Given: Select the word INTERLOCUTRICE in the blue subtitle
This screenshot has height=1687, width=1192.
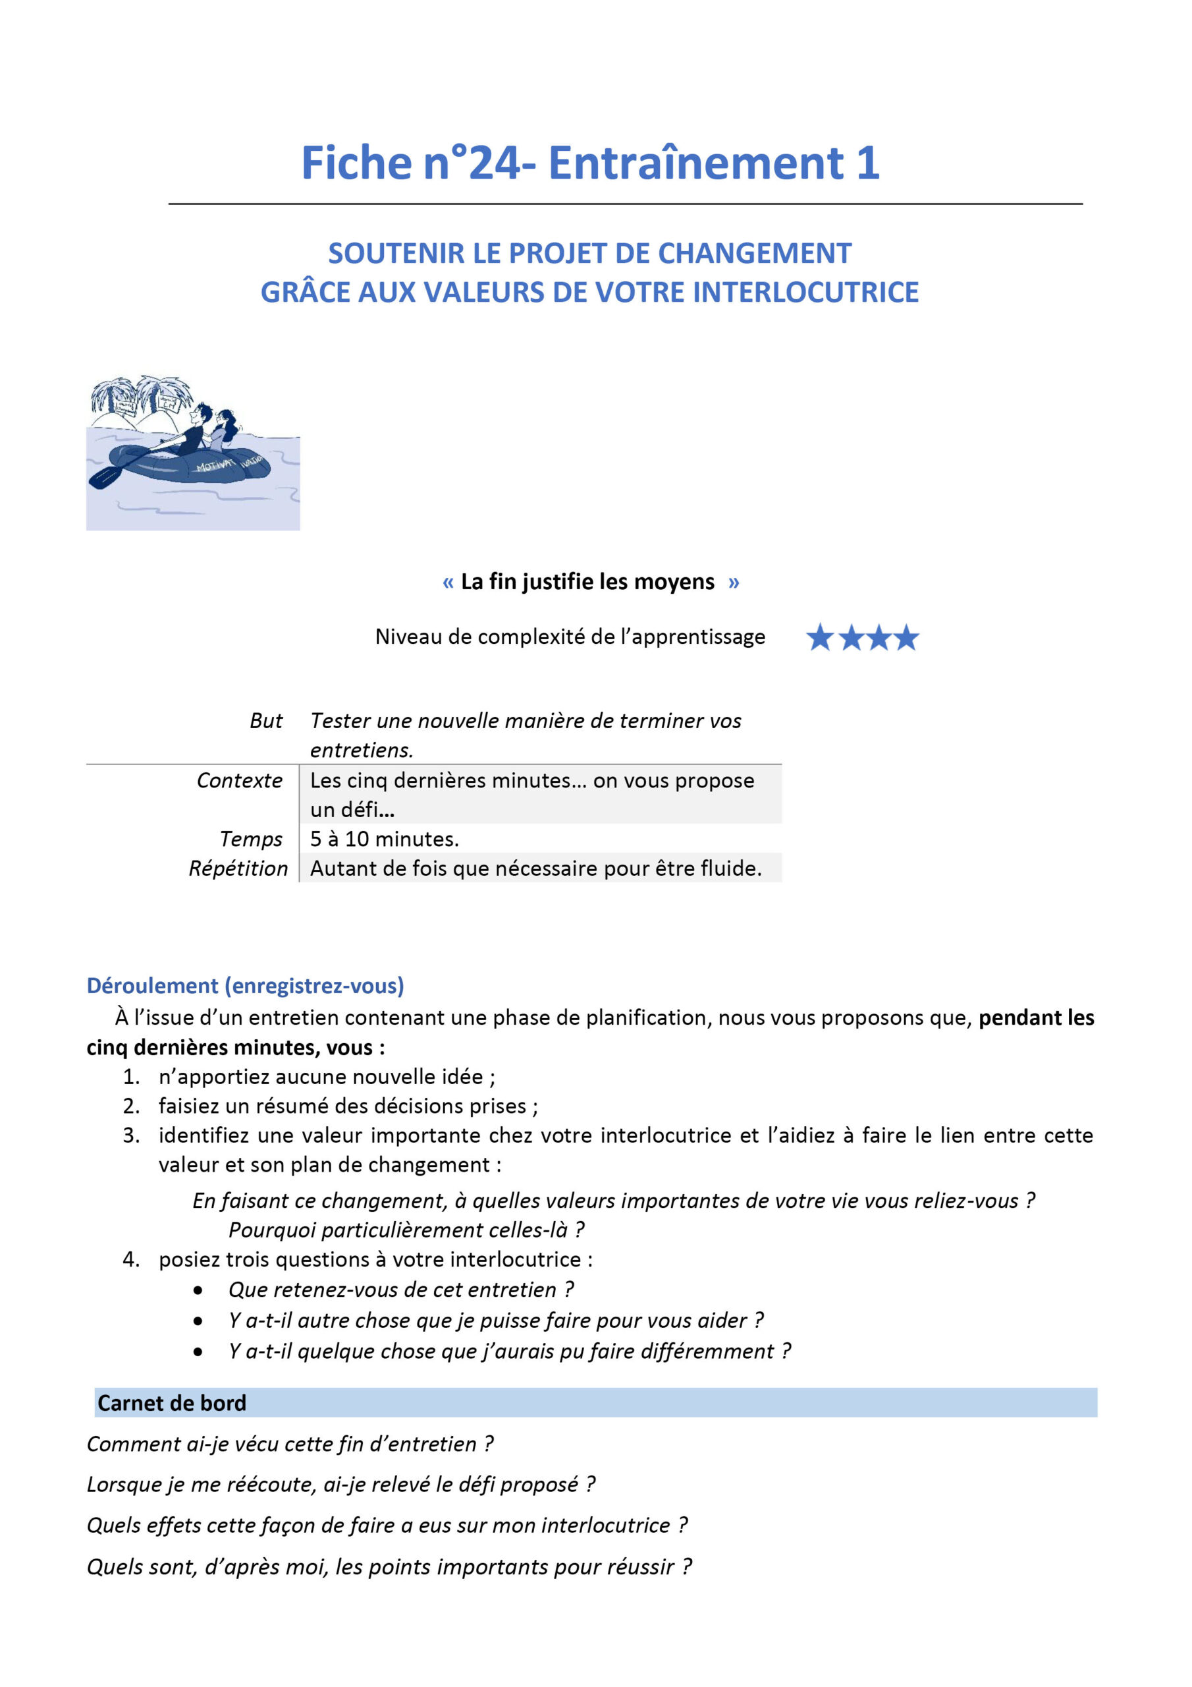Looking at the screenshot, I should tap(805, 293).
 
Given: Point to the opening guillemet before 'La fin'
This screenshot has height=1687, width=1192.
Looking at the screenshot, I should tap(448, 583).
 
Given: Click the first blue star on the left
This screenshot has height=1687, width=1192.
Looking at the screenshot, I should tap(820, 638).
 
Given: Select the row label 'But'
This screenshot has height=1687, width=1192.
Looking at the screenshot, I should tap(266, 721).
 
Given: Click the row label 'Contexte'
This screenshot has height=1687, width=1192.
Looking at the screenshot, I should tap(240, 780).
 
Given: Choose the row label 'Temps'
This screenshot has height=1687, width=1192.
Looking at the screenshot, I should tap(250, 839).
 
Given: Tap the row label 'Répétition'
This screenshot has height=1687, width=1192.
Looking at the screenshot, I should tap(238, 869).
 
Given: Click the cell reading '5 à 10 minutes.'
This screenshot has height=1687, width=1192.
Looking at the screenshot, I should tap(384, 839).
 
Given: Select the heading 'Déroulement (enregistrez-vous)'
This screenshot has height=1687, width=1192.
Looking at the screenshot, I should tap(245, 985).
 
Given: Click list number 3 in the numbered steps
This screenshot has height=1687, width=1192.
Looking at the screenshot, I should tap(131, 1135).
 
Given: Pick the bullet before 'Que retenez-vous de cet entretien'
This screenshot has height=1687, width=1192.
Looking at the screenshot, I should tap(198, 1290).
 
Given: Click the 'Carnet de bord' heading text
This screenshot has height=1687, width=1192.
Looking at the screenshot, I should tap(172, 1403).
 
